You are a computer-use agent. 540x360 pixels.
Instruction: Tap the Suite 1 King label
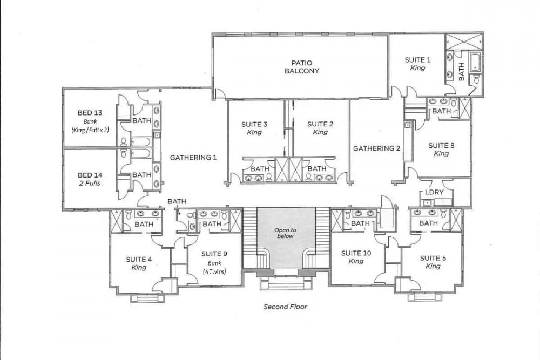[x=418, y=64]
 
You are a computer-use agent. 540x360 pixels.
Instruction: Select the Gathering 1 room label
[x=193, y=158]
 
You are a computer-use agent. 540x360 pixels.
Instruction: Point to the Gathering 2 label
[x=376, y=148]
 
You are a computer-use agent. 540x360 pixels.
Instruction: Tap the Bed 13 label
[x=90, y=113]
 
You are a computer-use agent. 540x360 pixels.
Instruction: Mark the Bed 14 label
[x=90, y=175]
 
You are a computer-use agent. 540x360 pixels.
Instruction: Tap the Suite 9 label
[x=214, y=254]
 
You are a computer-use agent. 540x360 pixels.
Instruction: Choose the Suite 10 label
[x=356, y=253]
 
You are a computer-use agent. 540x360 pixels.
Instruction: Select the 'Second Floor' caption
[x=285, y=307]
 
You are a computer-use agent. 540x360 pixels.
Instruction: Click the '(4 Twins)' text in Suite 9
[x=214, y=271]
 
